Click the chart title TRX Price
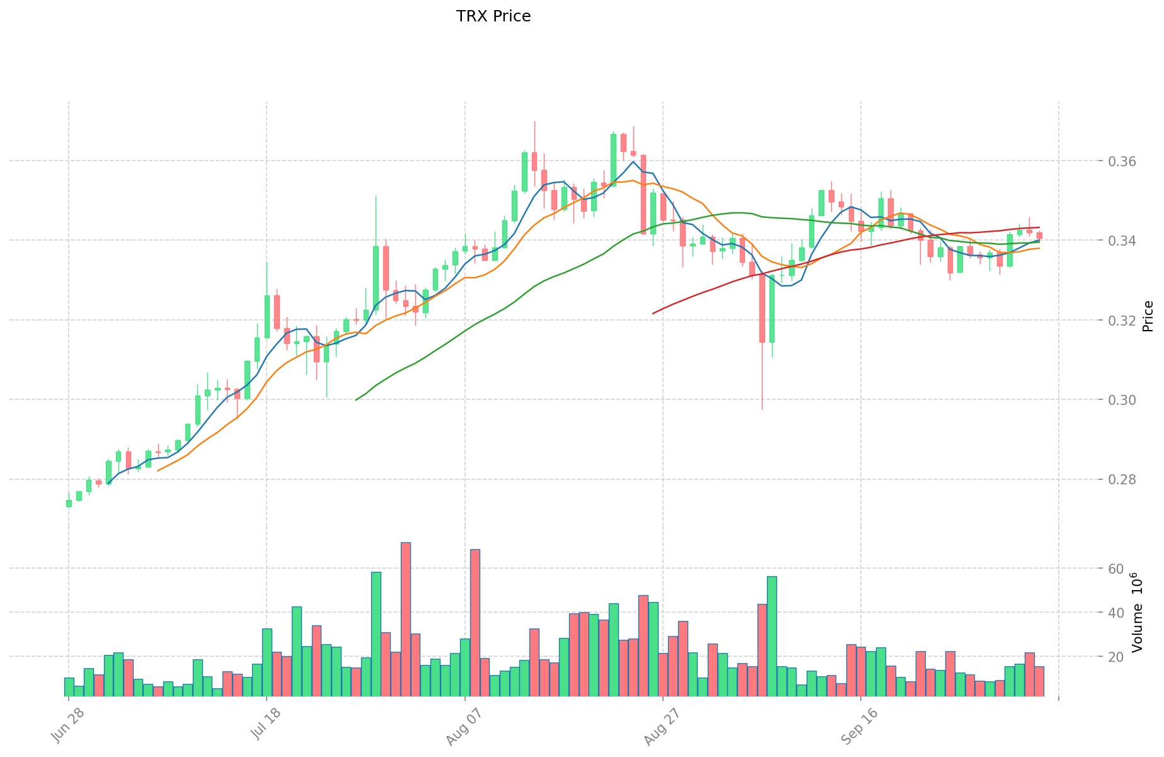pos(493,16)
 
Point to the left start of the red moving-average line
pos(653,313)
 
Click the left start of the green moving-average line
pos(356,400)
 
